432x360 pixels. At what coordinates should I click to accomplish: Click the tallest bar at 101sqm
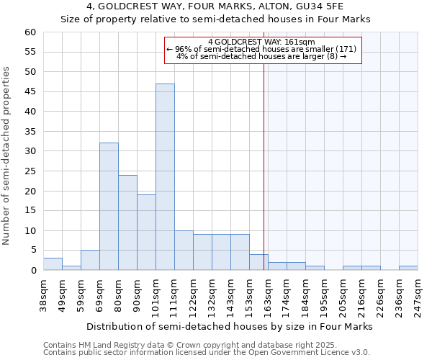tap(165, 176)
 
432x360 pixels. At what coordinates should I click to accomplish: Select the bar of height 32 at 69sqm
tap(109, 206)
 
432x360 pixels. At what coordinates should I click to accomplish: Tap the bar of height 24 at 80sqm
tap(127, 222)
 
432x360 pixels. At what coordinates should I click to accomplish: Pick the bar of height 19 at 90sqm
tap(146, 232)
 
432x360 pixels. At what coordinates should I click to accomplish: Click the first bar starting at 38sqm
tap(53, 264)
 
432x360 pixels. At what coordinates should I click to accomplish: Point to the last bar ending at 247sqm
tap(408, 269)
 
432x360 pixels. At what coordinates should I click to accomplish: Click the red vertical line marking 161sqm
tap(264, 158)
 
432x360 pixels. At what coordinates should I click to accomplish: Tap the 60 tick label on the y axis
tap(30, 32)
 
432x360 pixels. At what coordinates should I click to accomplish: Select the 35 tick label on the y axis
tap(30, 132)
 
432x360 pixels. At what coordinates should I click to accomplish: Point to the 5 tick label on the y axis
tap(33, 251)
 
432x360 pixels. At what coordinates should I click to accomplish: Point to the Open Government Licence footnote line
tap(206, 353)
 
